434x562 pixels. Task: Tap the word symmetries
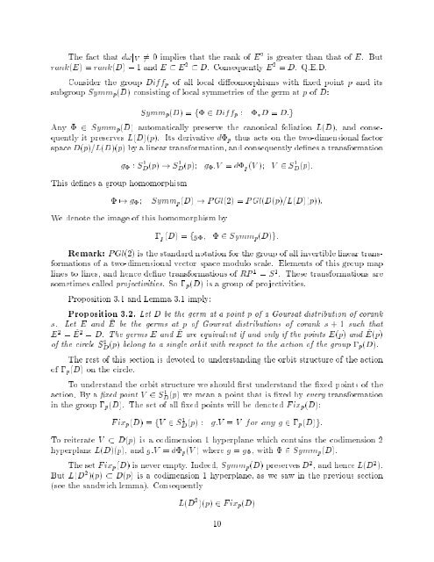pyautogui.click(x=234, y=89)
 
